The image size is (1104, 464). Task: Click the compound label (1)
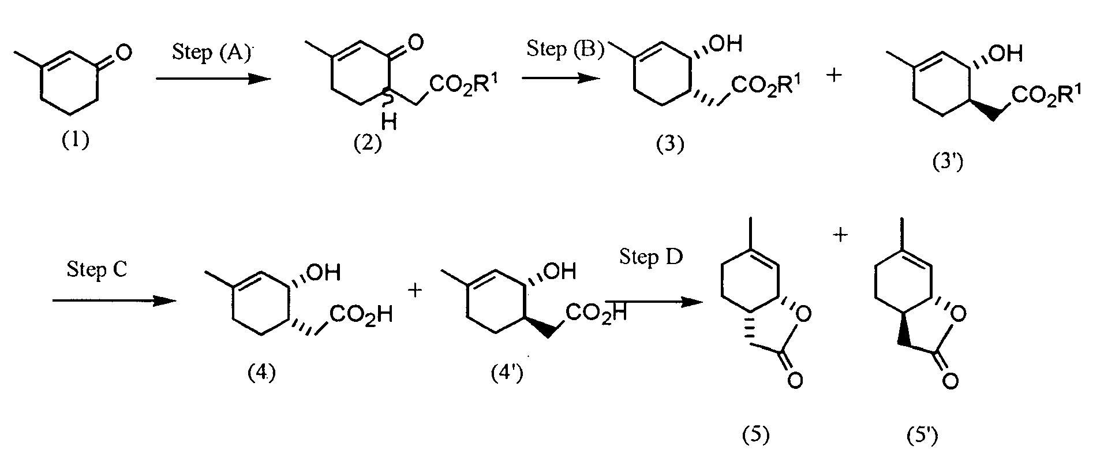[76, 140]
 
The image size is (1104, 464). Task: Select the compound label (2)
[368, 143]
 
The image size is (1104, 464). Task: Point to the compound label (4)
[261, 373]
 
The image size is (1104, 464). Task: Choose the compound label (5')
[922, 435]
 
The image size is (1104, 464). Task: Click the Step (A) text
[212, 53]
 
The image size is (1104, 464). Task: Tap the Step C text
[96, 269]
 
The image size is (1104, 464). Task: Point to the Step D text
[651, 256]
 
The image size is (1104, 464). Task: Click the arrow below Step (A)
[213, 79]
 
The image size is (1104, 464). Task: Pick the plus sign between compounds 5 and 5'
[841, 235]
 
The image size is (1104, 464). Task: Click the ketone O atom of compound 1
[123, 53]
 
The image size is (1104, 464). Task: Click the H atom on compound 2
[388, 122]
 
